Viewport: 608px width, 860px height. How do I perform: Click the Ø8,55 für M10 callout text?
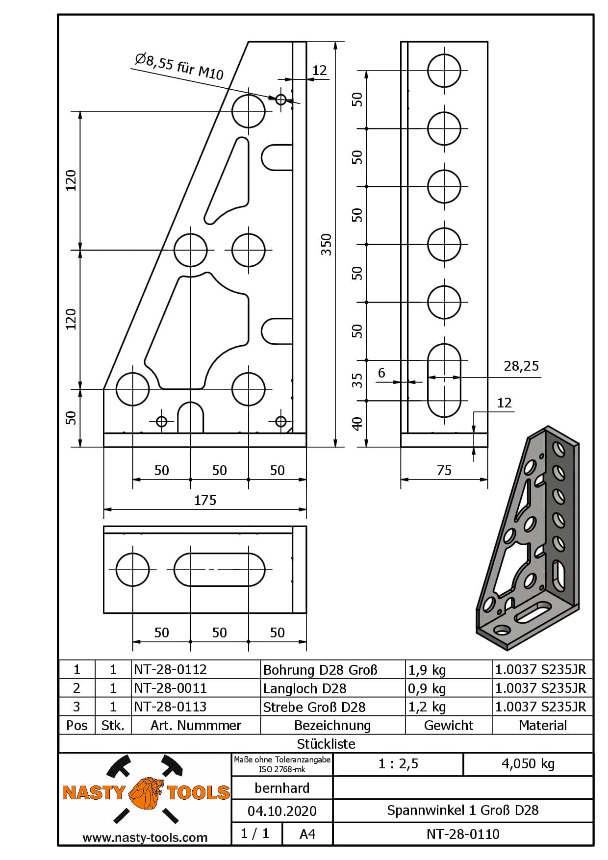click(179, 67)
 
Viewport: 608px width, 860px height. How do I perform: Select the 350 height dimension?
click(326, 244)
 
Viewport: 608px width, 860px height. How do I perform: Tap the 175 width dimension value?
click(205, 500)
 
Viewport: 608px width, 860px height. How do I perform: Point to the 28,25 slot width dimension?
click(521, 366)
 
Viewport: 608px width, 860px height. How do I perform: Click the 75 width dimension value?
click(444, 471)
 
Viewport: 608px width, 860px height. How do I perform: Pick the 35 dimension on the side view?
click(358, 380)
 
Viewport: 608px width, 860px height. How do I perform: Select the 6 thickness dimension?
click(381, 373)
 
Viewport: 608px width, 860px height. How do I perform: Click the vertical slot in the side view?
click(444, 380)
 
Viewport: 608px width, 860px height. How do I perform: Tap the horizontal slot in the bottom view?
click(219, 570)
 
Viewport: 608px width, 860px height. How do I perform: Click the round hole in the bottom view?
click(132, 570)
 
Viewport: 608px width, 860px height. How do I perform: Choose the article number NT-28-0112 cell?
click(171, 670)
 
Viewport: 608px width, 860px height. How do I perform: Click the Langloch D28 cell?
click(305, 688)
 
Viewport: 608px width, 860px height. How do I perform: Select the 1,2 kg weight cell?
click(427, 707)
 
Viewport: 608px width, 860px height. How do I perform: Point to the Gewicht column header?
click(448, 725)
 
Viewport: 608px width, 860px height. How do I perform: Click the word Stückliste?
click(326, 744)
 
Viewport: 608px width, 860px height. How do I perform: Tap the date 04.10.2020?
click(282, 811)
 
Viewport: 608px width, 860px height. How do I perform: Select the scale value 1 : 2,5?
click(398, 764)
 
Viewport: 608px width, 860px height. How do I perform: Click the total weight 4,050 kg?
click(528, 764)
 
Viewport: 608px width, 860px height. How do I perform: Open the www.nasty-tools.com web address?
click(145, 837)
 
